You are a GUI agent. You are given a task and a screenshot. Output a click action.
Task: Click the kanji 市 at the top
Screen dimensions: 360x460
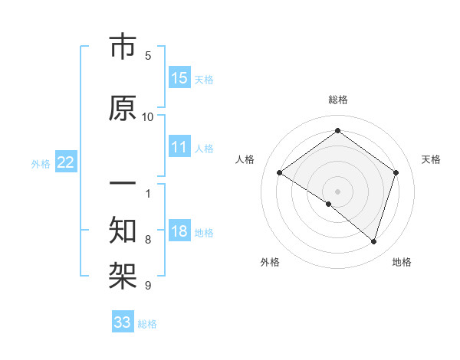123,47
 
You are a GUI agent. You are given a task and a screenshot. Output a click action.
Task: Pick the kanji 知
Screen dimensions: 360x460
123,227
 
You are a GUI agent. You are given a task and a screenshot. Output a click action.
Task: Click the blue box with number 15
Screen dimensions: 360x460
179,77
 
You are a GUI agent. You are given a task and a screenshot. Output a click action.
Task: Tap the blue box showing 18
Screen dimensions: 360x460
179,231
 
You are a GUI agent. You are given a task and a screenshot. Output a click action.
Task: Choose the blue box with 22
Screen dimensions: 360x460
66,162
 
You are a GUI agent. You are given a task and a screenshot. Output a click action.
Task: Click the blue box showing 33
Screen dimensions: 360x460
123,322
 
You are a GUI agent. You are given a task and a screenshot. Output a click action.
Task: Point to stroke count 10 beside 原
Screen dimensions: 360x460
148,116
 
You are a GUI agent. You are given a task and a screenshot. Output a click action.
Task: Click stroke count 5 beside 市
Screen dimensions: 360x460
148,56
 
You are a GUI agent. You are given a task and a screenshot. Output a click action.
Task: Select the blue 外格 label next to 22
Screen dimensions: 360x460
41,163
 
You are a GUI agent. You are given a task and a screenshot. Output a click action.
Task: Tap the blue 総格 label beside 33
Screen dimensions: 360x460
147,324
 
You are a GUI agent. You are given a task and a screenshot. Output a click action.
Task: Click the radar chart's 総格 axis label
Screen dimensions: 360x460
337,100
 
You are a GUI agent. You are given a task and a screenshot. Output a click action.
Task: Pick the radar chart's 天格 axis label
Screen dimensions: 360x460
431,159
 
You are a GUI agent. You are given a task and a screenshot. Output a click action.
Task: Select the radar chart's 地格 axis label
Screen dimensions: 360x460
402,262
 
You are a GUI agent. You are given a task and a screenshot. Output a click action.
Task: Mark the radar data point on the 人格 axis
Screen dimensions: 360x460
280,173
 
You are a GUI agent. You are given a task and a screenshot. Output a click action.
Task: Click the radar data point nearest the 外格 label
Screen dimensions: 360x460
329,204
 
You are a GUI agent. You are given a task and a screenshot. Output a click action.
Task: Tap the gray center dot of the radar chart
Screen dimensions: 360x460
337,191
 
